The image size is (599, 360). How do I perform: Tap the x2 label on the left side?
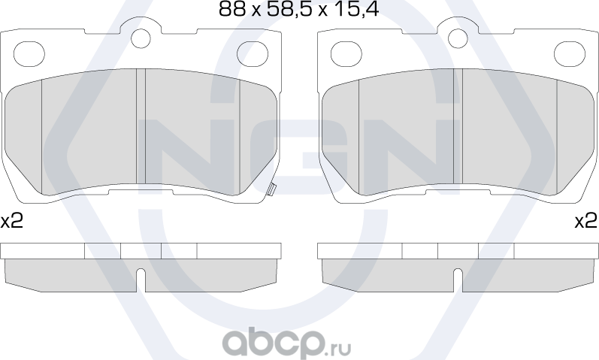coord(12,221)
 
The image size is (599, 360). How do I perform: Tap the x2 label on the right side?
coord(586,221)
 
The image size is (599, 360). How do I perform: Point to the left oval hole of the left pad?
coord(30,53)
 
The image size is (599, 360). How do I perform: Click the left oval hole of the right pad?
coord(347,53)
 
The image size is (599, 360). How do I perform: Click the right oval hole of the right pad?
coord(568,53)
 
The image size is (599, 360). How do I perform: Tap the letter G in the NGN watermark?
coord(299,154)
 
